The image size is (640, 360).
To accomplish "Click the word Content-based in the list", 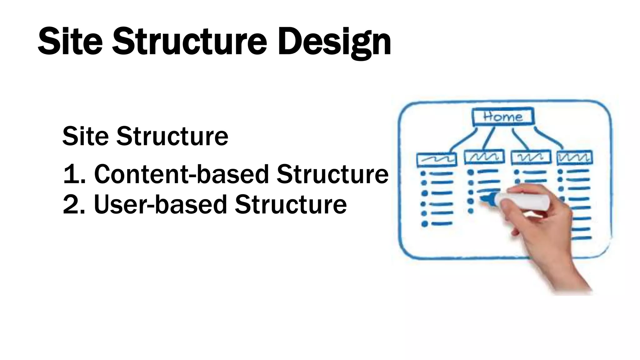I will (181, 174).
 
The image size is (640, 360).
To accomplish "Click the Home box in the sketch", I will (502, 117).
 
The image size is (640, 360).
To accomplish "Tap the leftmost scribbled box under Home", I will (437, 159).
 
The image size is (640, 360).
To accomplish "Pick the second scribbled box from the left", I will (484, 157).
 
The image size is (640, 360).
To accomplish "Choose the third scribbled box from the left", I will (531, 157).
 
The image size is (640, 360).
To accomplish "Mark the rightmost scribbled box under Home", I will (575, 157).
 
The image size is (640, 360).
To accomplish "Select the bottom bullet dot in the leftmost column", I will (424, 224).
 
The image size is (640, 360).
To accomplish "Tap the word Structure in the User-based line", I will (291, 205).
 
